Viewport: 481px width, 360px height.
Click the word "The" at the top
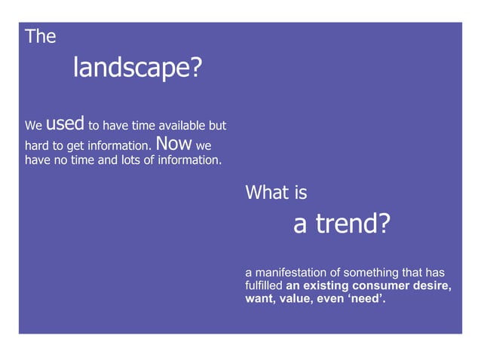pos(41,36)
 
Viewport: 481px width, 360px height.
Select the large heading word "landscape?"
pos(138,69)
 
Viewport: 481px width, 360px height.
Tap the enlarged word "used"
pos(65,123)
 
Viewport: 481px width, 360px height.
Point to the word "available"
pos(179,126)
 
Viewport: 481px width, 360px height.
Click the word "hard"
pos(38,145)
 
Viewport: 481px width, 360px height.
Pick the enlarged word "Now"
pos(175,142)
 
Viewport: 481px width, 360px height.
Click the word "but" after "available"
pos(217,126)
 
